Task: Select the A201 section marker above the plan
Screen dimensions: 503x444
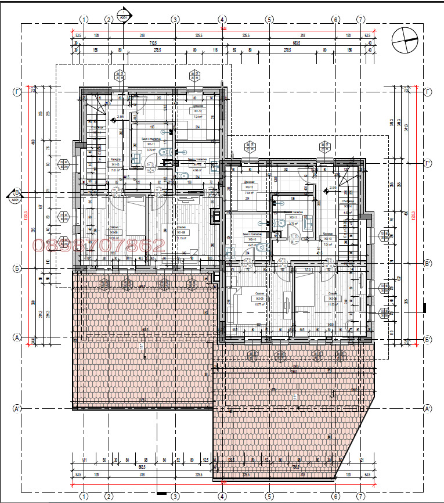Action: pos(123,14)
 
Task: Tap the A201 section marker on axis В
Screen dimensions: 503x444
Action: pos(14,196)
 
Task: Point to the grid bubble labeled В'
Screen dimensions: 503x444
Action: pos(428,264)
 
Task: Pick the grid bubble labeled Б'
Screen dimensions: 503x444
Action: pos(428,339)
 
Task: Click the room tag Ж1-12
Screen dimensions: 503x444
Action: pos(198,111)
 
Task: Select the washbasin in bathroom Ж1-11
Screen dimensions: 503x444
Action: pos(138,157)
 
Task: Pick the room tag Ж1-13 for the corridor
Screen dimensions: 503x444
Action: pos(115,165)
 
